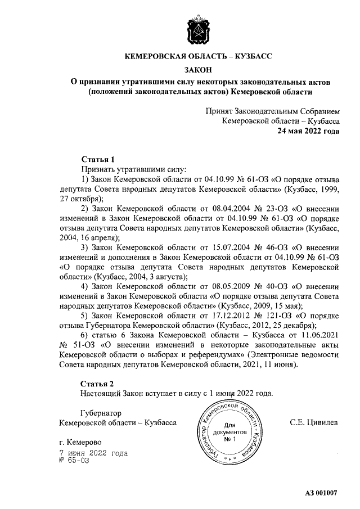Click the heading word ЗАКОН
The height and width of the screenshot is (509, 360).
pos(197,70)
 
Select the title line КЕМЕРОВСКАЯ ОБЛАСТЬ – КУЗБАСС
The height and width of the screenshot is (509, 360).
pos(197,57)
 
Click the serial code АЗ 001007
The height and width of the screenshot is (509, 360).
pos(321,493)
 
